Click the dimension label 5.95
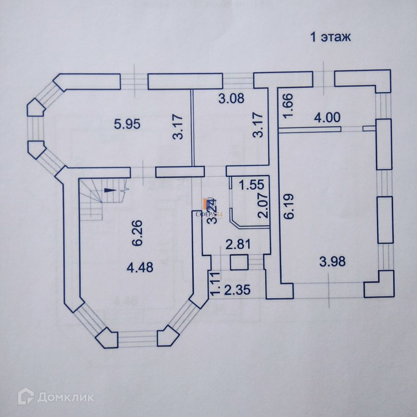pyautogui.click(x=127, y=124)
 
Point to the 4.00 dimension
pyautogui.click(x=326, y=118)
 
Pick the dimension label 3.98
pyautogui.click(x=332, y=262)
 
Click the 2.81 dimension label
pyautogui.click(x=235, y=244)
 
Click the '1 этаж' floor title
pyautogui.click(x=330, y=38)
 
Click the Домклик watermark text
pyautogui.click(x=65, y=397)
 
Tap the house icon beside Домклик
pyautogui.click(x=25, y=396)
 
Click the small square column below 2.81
pyautogui.click(x=239, y=263)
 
